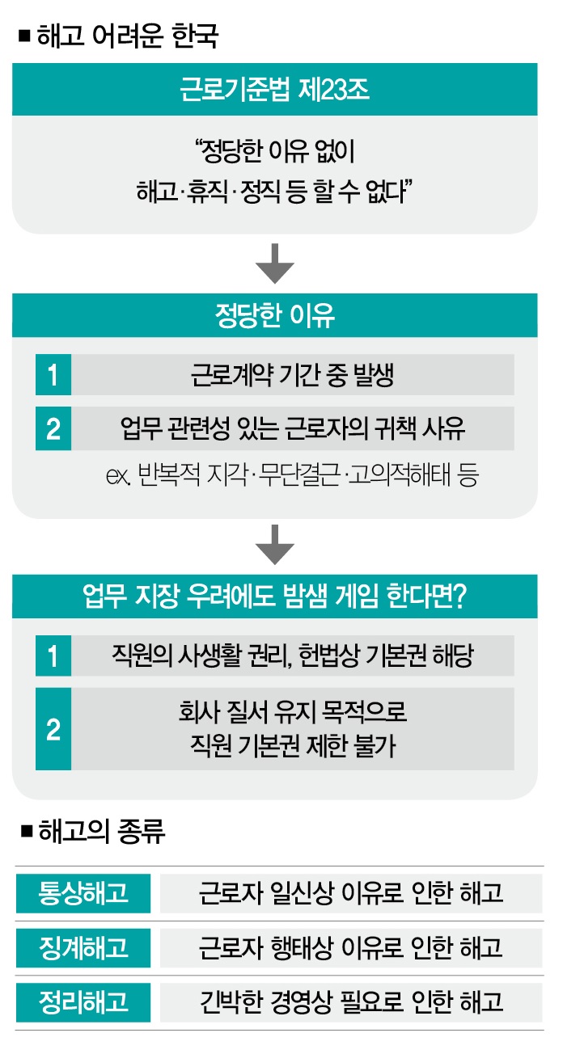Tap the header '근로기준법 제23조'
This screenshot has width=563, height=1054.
[274, 89]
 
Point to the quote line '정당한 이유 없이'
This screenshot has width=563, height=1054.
[275, 151]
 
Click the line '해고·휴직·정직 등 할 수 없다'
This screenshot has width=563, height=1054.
[275, 194]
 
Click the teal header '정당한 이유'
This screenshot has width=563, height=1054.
[274, 315]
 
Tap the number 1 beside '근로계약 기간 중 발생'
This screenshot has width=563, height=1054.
[53, 375]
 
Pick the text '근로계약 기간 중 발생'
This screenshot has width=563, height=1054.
[292, 375]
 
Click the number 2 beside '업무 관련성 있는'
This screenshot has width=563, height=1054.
[53, 428]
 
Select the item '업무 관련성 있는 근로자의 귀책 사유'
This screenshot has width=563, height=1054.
[292, 428]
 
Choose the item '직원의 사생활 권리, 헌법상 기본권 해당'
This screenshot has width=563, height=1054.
[292, 656]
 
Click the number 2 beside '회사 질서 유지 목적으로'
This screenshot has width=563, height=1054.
[53, 729]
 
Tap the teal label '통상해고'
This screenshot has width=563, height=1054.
[83, 893]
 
